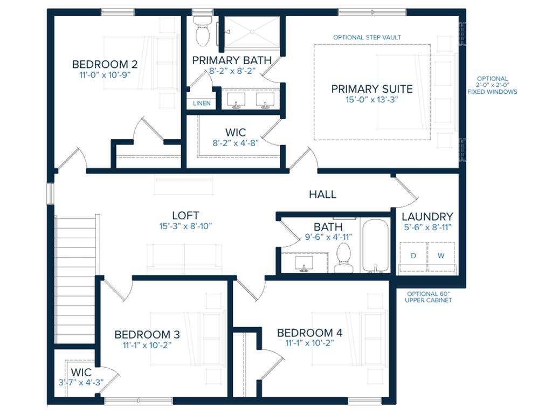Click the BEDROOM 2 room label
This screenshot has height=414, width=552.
(105, 65)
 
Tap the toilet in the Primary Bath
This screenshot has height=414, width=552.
(203, 31)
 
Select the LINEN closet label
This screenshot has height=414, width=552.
(202, 103)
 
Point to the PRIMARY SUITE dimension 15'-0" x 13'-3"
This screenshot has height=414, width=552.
(372, 100)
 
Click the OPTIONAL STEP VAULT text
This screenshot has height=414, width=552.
(367, 37)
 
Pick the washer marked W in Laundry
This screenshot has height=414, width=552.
(441, 256)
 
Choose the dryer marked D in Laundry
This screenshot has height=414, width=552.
(413, 256)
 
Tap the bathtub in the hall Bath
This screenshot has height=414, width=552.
(375, 246)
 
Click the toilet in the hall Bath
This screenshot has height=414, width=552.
(343, 258)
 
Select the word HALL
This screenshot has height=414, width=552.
(322, 194)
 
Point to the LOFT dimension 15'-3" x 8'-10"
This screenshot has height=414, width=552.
(185, 226)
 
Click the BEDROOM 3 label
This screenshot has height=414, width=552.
(147, 334)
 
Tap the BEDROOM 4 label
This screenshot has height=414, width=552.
(310, 333)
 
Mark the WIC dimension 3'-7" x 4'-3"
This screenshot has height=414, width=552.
(81, 382)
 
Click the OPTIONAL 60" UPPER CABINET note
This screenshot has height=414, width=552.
(429, 297)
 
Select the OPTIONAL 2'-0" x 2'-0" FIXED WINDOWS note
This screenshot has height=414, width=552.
(492, 85)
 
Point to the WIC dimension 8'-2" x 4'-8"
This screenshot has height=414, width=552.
(236, 143)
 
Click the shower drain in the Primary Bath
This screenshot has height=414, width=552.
(252, 32)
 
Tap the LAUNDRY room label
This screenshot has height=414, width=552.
(427, 217)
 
